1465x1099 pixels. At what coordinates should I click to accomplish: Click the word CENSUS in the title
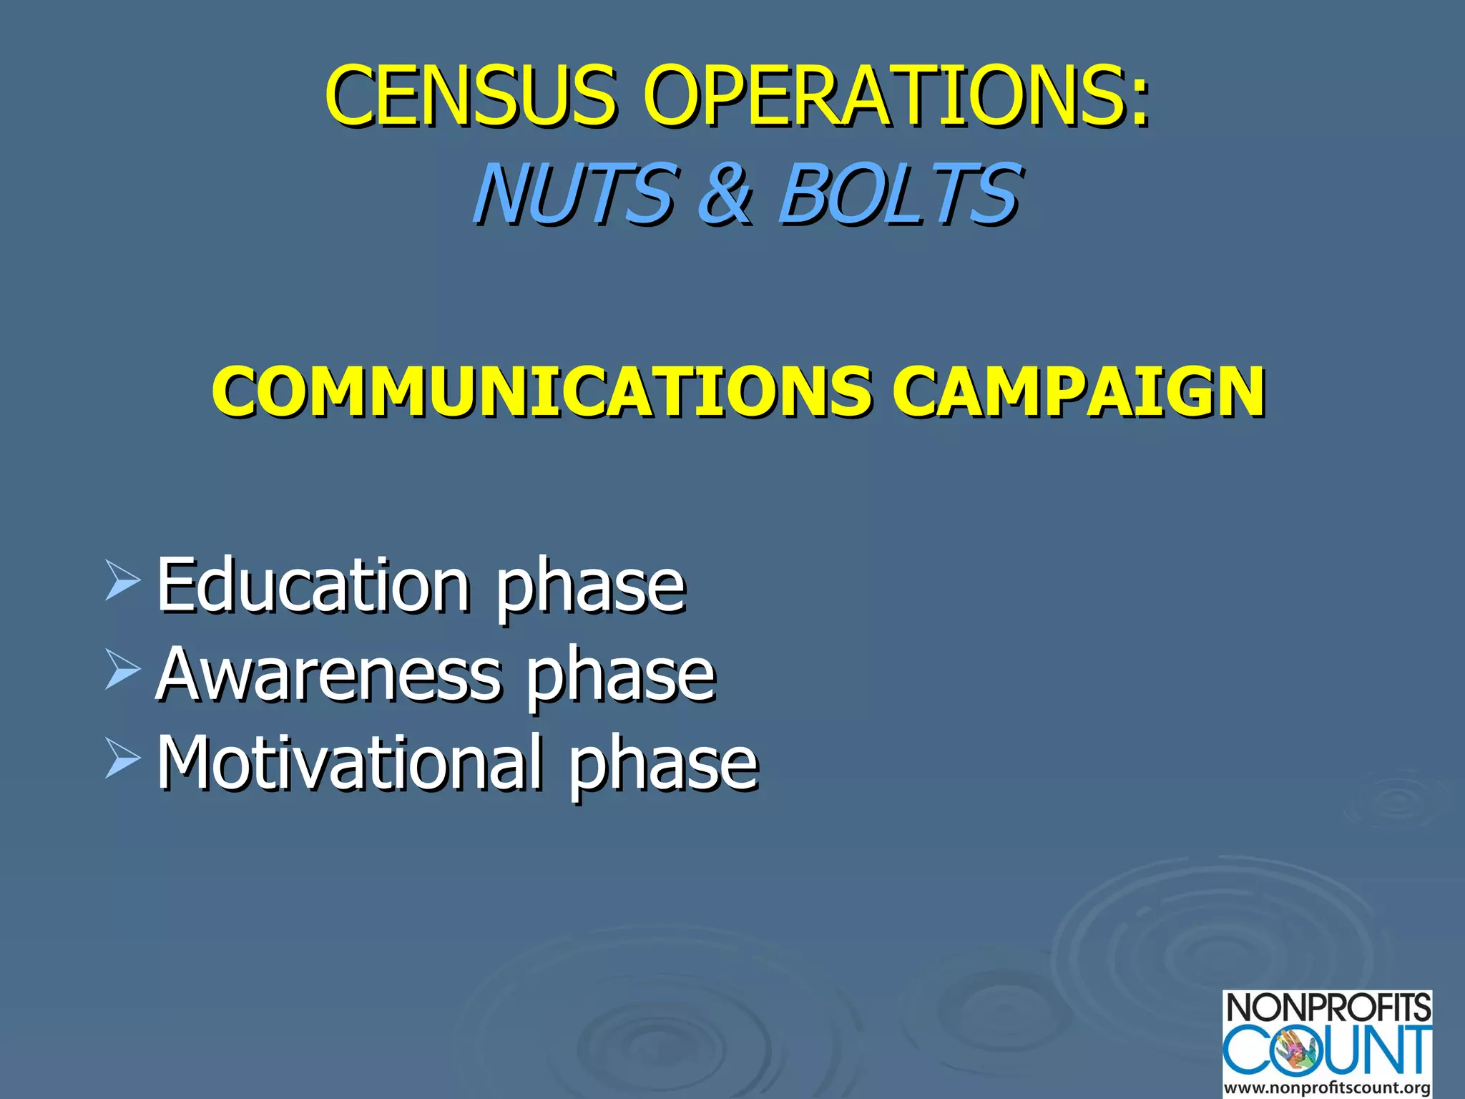point(470,94)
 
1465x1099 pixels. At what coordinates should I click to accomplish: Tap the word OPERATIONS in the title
point(880,94)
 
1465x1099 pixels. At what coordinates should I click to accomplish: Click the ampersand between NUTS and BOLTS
point(725,193)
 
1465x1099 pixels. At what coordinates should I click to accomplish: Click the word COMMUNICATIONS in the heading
point(541,391)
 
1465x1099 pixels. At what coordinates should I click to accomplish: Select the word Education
point(313,585)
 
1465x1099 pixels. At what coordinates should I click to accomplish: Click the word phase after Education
point(591,588)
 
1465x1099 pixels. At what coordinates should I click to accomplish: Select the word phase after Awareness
point(621,677)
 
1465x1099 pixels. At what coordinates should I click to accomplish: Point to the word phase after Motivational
point(663,766)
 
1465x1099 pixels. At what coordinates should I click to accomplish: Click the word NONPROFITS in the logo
point(1328,1009)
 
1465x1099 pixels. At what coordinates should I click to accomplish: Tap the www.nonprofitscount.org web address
point(1328,1088)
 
